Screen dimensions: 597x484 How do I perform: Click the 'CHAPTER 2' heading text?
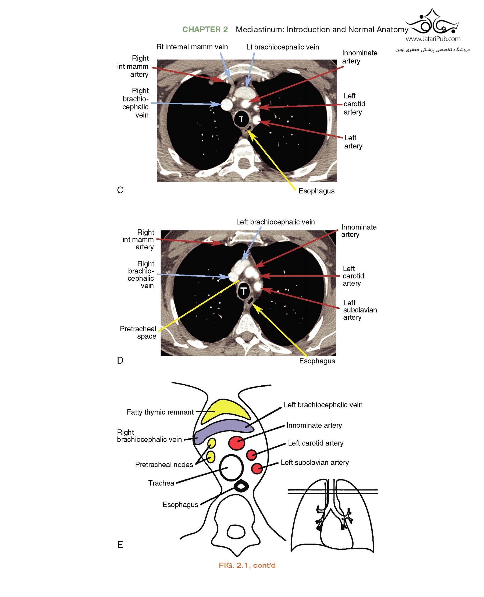[x=205, y=30]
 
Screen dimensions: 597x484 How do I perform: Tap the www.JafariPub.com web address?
[x=433, y=39]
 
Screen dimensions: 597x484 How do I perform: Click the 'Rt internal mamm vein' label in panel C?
[x=192, y=47]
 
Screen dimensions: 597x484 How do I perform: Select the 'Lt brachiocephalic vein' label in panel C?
[x=282, y=47]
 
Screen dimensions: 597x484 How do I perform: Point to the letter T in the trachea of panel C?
[x=241, y=119]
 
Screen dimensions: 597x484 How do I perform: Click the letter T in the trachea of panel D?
[x=244, y=291]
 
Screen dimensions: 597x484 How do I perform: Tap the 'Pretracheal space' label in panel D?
[x=138, y=332]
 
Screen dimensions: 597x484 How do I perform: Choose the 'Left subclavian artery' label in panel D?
[x=360, y=310]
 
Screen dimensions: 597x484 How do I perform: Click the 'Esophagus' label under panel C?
[x=316, y=191]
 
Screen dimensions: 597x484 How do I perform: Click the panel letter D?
[x=120, y=361]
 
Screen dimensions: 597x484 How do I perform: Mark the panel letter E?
[x=120, y=545]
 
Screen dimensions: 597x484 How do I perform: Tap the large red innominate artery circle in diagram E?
[x=237, y=443]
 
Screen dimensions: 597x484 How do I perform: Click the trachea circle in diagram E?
[x=232, y=468]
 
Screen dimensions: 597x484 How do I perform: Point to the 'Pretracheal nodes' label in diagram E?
[x=164, y=464]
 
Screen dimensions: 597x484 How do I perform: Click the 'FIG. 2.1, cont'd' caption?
[x=247, y=565]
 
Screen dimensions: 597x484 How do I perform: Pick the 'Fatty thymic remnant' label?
[x=160, y=412]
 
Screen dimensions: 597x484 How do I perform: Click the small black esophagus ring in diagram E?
[x=241, y=486]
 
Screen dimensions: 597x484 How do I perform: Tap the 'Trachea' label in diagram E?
[x=161, y=483]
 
